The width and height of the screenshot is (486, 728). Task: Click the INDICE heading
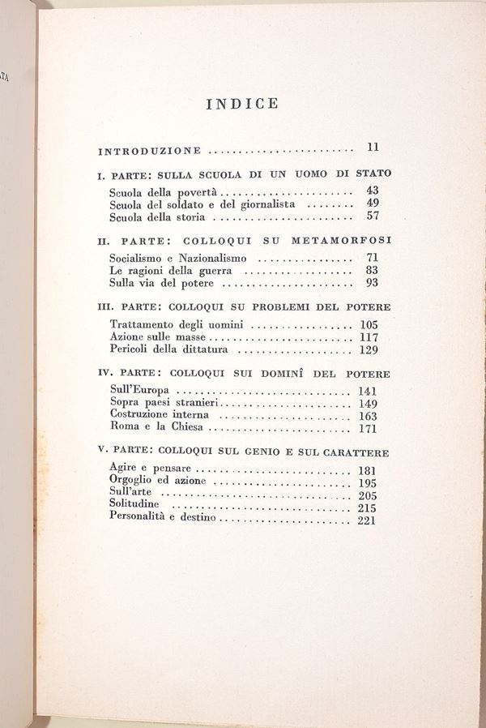242,104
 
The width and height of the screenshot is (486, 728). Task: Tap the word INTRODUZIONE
149,151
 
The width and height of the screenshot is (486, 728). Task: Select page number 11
373,148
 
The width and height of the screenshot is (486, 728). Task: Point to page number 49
373,203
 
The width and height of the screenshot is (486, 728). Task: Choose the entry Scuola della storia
157,217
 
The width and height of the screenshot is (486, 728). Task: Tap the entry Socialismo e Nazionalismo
176,259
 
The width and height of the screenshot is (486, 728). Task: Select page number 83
373,270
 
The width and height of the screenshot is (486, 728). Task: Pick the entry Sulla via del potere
162,283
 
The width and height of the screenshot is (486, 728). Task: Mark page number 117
369,336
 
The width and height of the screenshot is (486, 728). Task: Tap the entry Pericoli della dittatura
168,349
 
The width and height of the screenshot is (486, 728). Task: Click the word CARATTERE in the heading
348,452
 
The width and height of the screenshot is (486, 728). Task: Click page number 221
366,520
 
